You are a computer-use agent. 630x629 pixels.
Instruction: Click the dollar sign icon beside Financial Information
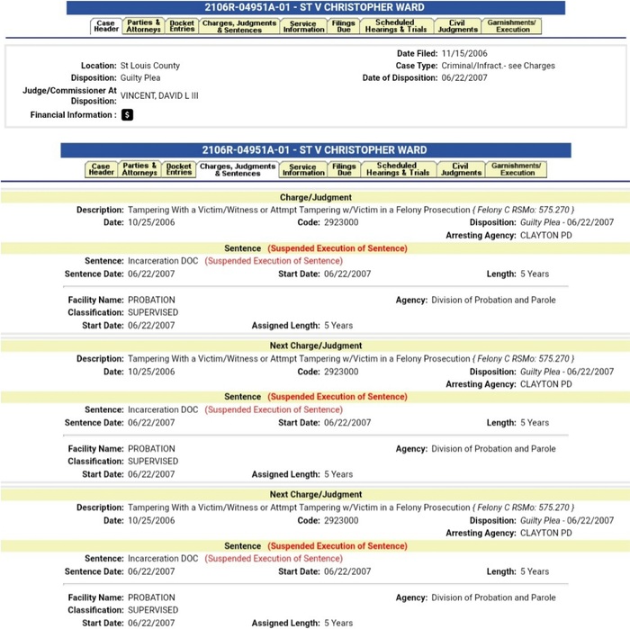[127, 115]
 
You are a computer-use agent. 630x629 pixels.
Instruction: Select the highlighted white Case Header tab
[106, 26]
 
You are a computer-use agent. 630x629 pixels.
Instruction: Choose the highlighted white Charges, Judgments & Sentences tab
[238, 169]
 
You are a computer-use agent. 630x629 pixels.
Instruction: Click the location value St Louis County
[149, 66]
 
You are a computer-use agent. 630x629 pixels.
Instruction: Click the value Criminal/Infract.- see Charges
[499, 66]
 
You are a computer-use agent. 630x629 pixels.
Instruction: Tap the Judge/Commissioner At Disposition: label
[69, 95]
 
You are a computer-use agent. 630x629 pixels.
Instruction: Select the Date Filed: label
[418, 54]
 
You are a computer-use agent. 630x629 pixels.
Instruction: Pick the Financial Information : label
[73, 115]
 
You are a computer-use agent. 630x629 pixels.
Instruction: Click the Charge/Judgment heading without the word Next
[316, 197]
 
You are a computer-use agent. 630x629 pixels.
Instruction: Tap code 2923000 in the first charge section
[340, 222]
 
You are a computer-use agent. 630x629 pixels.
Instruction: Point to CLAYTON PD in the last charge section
[545, 533]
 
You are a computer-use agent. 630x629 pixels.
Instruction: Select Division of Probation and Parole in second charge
[493, 449]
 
